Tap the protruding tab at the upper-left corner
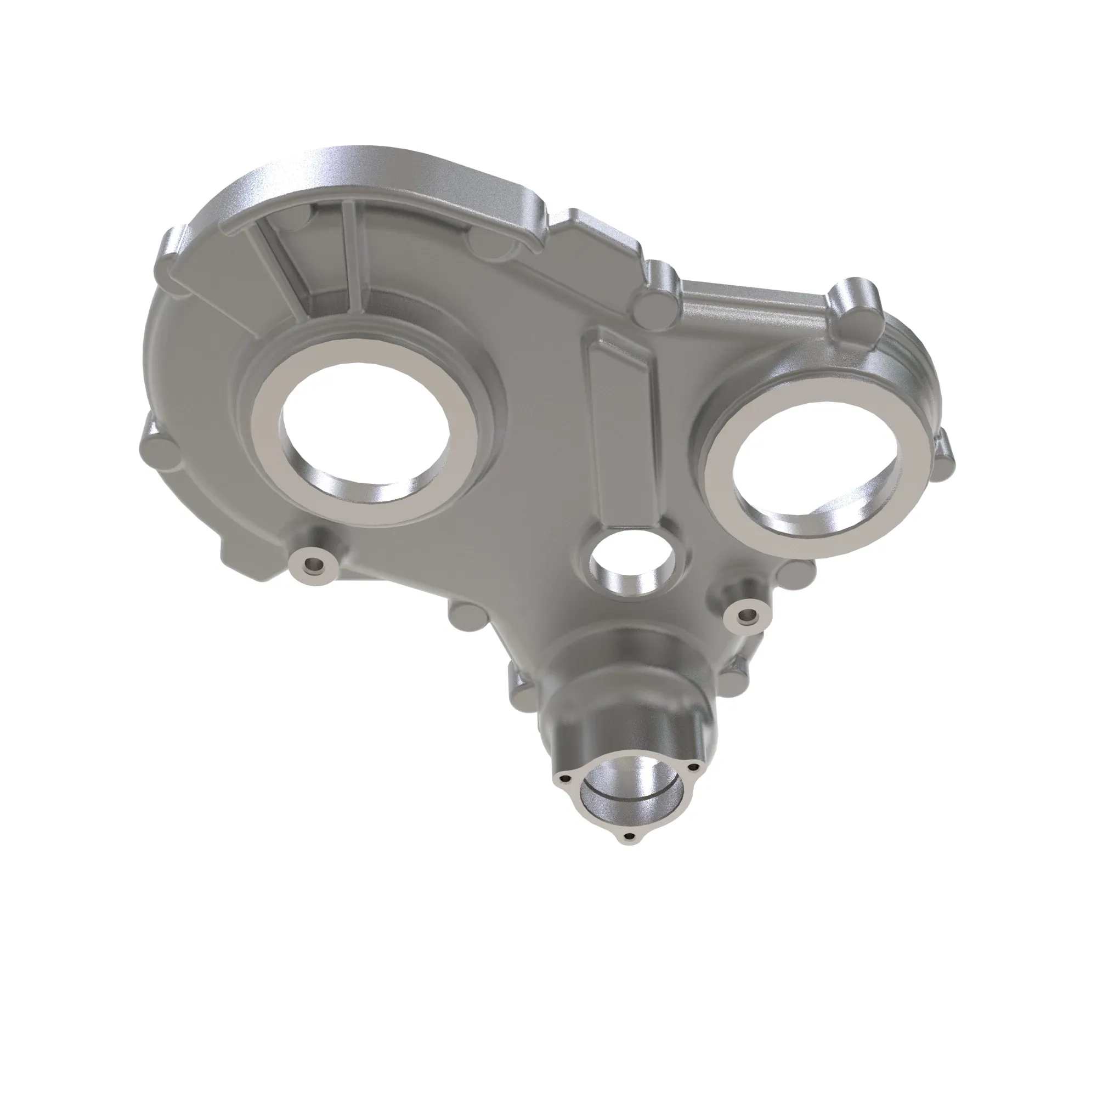171,244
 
